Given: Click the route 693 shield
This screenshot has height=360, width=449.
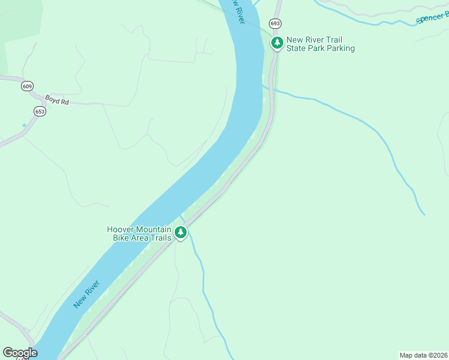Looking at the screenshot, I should click(x=275, y=23).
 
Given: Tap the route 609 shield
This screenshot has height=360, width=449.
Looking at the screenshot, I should click(x=27, y=86).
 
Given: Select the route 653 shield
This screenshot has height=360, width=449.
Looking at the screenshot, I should click(x=40, y=111).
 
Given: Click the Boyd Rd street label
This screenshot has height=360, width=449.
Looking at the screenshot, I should click(x=57, y=100).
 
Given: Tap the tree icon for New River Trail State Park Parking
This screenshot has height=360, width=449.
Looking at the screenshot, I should click(x=277, y=43).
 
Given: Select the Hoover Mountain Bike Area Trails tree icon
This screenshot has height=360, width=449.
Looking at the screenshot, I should click(x=181, y=232).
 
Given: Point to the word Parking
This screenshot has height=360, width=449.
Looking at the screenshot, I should click(x=339, y=49).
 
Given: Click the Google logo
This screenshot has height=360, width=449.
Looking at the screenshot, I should click(x=19, y=353).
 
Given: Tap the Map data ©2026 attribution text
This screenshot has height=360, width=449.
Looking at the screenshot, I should click(x=423, y=355).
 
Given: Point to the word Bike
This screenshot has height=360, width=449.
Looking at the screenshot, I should click(x=121, y=238).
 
